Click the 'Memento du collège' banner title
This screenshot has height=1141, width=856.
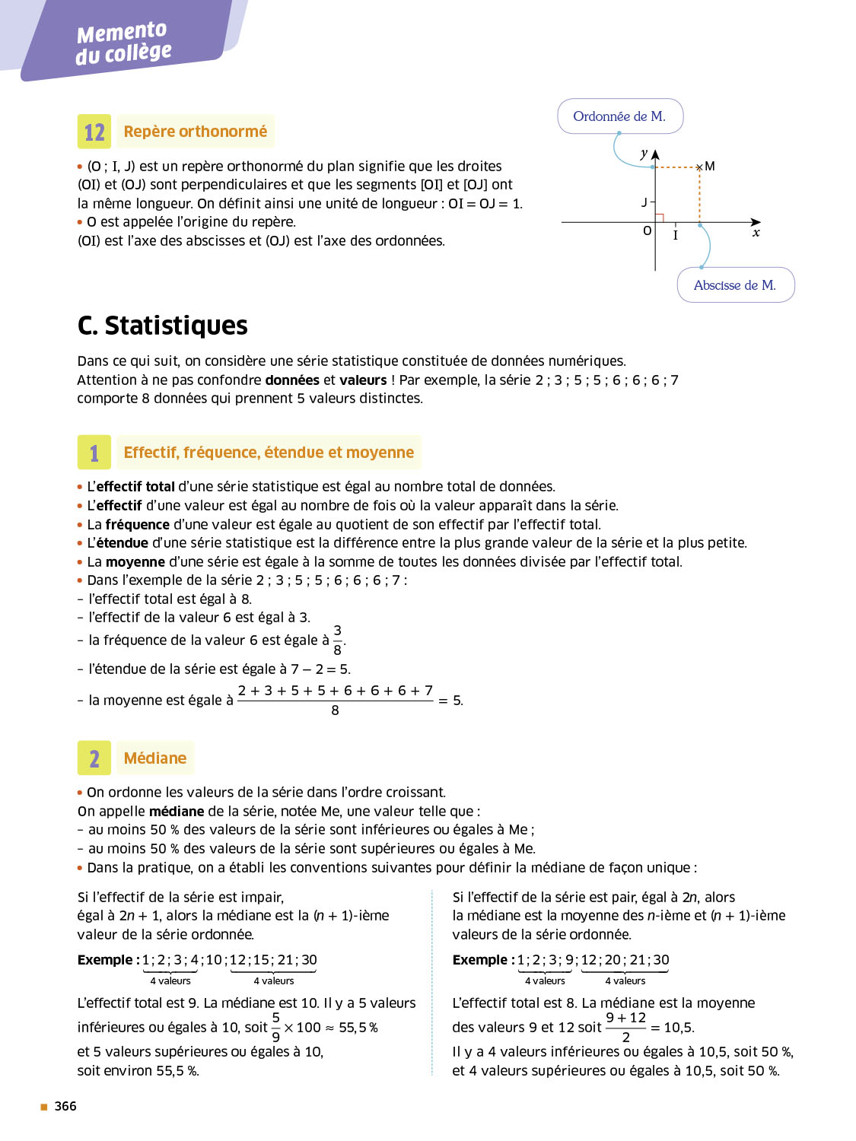[123, 43]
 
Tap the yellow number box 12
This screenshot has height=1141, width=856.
[94, 132]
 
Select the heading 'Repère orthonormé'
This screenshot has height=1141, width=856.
[196, 132]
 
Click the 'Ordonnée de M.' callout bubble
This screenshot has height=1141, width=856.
[620, 116]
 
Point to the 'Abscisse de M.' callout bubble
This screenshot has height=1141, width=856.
[735, 285]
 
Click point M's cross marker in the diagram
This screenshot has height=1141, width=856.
[699, 167]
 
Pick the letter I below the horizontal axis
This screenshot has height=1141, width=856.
[675, 236]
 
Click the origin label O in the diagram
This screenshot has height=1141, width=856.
[648, 230]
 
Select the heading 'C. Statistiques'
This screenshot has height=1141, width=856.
[163, 326]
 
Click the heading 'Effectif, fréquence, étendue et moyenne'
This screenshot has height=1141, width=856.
[269, 453]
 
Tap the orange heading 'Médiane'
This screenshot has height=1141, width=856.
[155, 758]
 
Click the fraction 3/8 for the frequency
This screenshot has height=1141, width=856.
[337, 640]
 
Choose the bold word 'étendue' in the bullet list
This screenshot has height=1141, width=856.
[123, 543]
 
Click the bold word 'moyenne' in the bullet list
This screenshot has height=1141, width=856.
[135, 562]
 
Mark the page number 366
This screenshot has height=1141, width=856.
[65, 1106]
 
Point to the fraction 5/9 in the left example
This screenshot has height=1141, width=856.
[275, 1027]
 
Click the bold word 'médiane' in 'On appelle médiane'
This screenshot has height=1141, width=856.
[177, 812]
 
